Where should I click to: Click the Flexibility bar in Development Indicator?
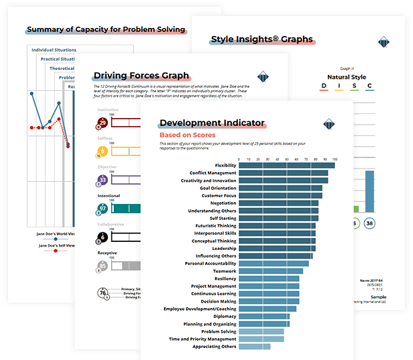click(286, 165)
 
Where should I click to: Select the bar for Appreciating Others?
click(254, 347)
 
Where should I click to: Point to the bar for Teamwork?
click(270, 271)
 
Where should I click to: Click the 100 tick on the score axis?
click(334, 159)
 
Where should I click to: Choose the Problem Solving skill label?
click(218, 331)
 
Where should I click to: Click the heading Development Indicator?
click(212, 123)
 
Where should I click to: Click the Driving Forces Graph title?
click(141, 75)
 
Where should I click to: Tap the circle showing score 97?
click(103, 209)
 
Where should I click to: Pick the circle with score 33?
click(103, 180)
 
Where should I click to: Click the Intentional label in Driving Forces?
click(109, 196)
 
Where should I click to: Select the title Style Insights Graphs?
click(262, 39)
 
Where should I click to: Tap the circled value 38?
click(369, 223)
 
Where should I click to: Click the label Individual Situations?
click(54, 50)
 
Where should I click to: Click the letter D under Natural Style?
click(323, 86)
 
